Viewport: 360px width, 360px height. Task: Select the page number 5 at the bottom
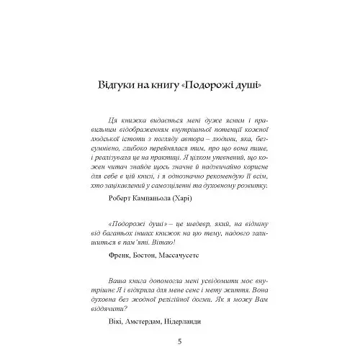179,341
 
